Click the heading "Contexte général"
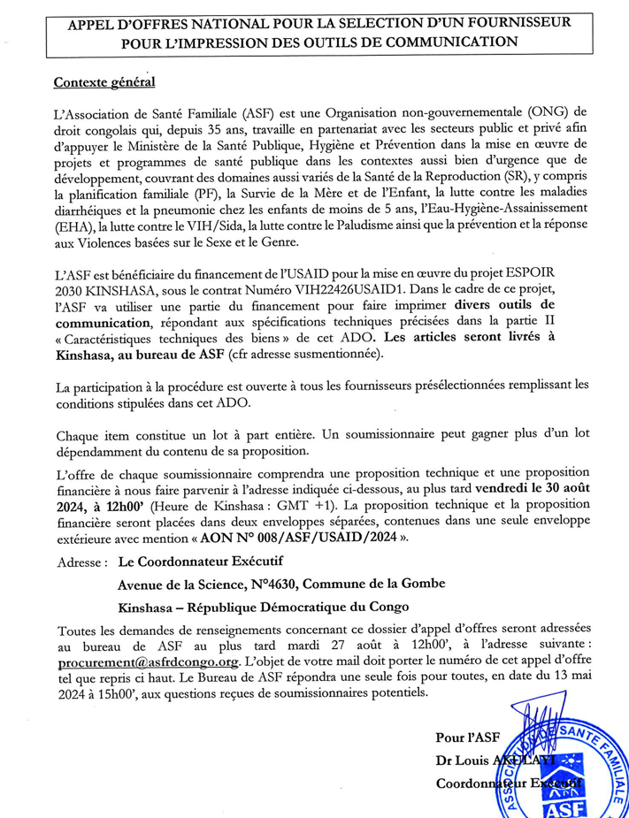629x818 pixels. (x=104, y=82)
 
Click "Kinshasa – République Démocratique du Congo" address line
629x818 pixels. (x=264, y=607)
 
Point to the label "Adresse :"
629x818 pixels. (x=82, y=562)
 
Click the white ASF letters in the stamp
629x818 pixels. (x=558, y=807)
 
